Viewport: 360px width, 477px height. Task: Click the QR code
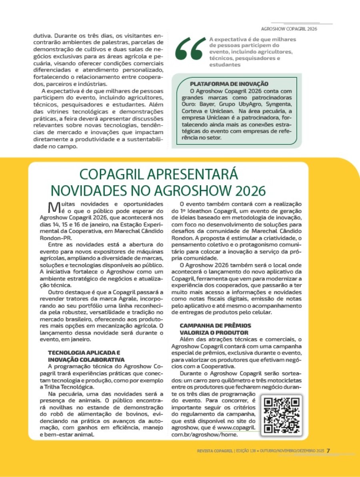282,415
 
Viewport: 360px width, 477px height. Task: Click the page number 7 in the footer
328,451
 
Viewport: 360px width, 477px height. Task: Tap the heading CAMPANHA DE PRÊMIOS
215,326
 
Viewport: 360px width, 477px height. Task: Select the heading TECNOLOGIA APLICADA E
84,353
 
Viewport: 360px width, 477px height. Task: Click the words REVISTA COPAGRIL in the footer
215,451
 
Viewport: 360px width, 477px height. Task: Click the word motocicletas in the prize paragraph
282,380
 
